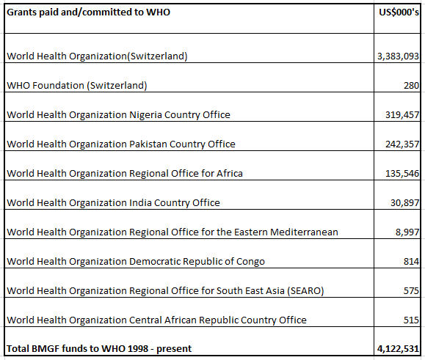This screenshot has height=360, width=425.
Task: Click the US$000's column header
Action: tap(399, 12)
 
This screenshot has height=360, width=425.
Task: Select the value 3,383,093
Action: tap(398, 56)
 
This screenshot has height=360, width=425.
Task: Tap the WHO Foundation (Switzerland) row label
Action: tap(77, 86)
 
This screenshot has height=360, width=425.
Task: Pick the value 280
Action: tap(411, 86)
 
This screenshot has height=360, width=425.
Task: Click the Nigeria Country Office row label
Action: tap(118, 115)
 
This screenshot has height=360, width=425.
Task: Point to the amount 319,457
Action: tap(402, 115)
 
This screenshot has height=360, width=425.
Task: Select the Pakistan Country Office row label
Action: tap(121, 144)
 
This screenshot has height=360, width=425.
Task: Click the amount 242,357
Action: tap(402, 144)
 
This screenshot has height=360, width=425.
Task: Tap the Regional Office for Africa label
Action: tap(125, 173)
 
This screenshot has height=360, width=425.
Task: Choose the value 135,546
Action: tap(402, 174)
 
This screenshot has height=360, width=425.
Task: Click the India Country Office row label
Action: tap(113, 203)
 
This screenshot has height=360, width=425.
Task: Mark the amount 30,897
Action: tap(404, 203)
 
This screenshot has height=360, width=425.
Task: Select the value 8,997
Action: tap(407, 232)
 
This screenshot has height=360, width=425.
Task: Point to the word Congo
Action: tap(250, 262)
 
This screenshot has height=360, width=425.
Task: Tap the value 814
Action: tap(411, 262)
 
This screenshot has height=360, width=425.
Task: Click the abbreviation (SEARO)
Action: tap(305, 290)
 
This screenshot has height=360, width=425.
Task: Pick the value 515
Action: tap(411, 320)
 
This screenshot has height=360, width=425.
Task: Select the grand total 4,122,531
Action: tap(398, 349)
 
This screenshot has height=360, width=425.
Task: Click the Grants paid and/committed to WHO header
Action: tap(88, 12)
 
